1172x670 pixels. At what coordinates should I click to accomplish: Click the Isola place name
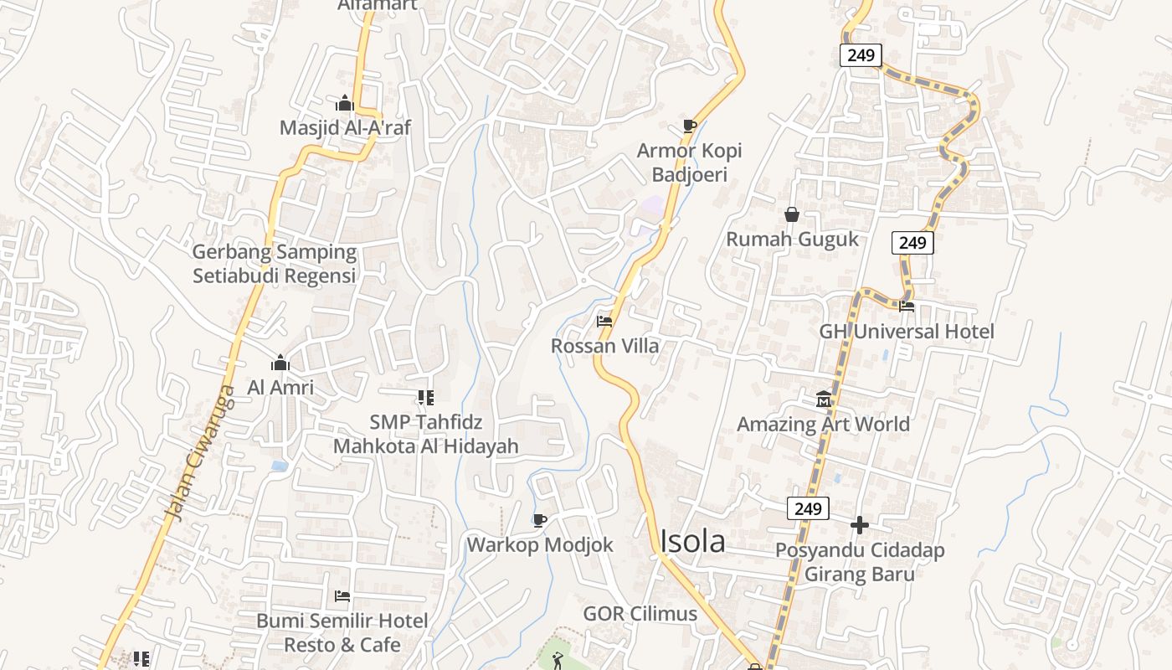pyautogui.click(x=692, y=542)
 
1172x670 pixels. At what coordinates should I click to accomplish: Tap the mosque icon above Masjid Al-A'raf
pyautogui.click(x=345, y=105)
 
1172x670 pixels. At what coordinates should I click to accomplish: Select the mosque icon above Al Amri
pyautogui.click(x=280, y=363)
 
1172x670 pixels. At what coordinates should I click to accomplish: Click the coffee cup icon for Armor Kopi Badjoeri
pyautogui.click(x=689, y=126)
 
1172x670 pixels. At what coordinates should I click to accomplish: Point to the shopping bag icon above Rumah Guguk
pyautogui.click(x=792, y=215)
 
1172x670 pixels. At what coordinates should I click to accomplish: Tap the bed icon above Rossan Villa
pyautogui.click(x=604, y=322)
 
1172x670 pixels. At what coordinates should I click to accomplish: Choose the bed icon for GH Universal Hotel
pyautogui.click(x=906, y=307)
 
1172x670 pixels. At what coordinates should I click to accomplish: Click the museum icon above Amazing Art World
pyautogui.click(x=824, y=399)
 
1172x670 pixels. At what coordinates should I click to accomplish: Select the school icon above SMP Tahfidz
pyautogui.click(x=425, y=398)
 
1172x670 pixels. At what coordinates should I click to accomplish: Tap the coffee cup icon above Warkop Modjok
pyautogui.click(x=540, y=521)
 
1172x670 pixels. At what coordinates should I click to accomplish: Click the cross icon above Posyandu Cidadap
pyautogui.click(x=859, y=526)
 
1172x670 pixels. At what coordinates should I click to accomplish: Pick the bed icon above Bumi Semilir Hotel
pyautogui.click(x=342, y=597)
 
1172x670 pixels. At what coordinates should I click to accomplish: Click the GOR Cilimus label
pyautogui.click(x=640, y=614)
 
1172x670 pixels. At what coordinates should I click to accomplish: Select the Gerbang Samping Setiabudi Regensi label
pyautogui.click(x=275, y=264)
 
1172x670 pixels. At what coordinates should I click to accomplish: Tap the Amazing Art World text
pyautogui.click(x=823, y=424)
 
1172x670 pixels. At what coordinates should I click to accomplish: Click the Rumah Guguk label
pyautogui.click(x=792, y=240)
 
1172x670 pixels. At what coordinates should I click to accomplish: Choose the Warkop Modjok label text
pyautogui.click(x=540, y=545)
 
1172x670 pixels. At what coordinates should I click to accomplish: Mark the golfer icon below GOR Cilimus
pyautogui.click(x=558, y=661)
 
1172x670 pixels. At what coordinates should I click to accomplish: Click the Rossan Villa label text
pyautogui.click(x=604, y=346)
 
